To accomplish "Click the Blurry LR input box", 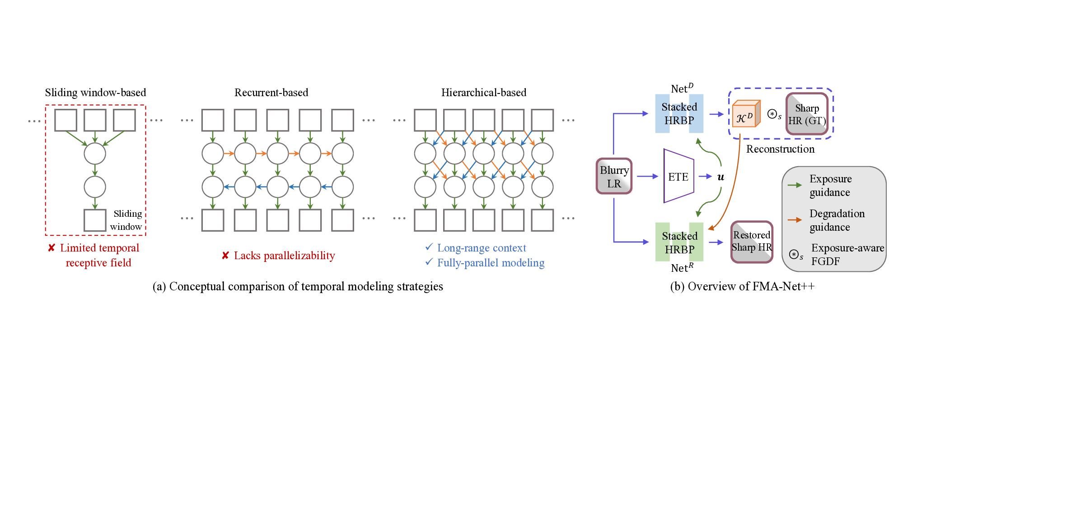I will pos(613,176).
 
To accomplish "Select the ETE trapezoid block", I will pos(678,176).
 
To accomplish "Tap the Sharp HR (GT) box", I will pos(807,114).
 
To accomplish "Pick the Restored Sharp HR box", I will pos(752,242).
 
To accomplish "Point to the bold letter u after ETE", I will pos(720,177).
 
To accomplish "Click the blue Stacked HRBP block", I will pos(679,113).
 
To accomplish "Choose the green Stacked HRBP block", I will pos(679,242).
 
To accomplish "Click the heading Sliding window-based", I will pos(95,93).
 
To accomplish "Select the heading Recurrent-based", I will pos(271,93).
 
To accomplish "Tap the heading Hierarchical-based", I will pos(483,93).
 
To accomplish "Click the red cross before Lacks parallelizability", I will pos(225,256).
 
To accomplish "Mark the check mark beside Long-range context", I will pos(429,247).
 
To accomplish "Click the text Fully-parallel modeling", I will pos(491,263).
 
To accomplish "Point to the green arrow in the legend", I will pos(795,185).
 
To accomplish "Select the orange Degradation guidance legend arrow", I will pos(795,220).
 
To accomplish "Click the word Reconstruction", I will pos(780,149).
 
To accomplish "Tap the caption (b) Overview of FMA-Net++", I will pos(742,286).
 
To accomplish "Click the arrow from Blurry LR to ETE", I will pos(647,176).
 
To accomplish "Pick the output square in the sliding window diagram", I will pos(95,220).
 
